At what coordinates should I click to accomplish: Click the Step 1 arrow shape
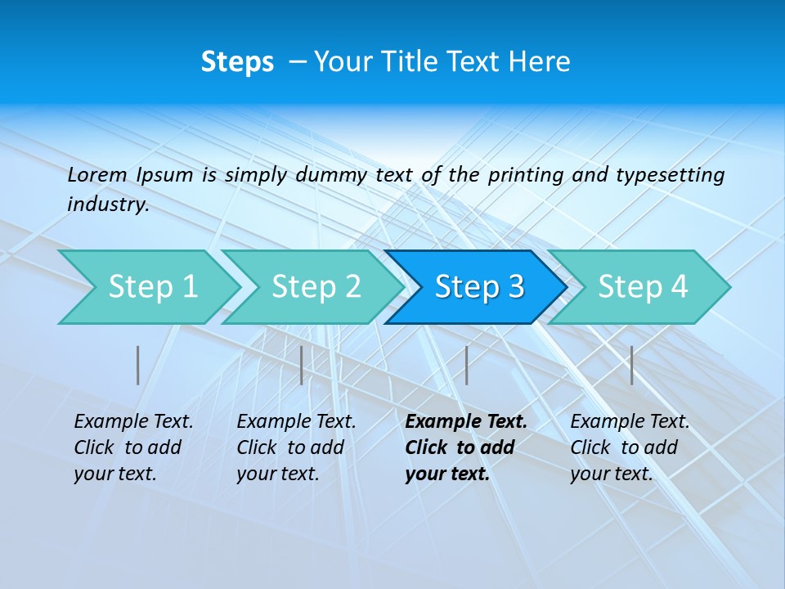(x=152, y=287)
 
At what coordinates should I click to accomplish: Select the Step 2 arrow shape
(x=316, y=287)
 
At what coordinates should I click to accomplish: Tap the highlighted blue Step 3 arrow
(x=479, y=287)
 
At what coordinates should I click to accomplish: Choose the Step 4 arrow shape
(x=643, y=287)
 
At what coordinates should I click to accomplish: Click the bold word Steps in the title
(x=237, y=62)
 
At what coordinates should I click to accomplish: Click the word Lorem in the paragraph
(x=97, y=174)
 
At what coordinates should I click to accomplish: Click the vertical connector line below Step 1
(x=138, y=365)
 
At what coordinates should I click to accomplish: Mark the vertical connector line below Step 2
(x=302, y=365)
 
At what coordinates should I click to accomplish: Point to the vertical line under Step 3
(x=466, y=365)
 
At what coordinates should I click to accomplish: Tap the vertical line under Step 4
(x=631, y=365)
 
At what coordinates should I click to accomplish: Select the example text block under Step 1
(x=133, y=447)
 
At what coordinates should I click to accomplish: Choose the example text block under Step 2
(x=296, y=447)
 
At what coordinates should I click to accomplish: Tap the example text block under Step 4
(x=630, y=447)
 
